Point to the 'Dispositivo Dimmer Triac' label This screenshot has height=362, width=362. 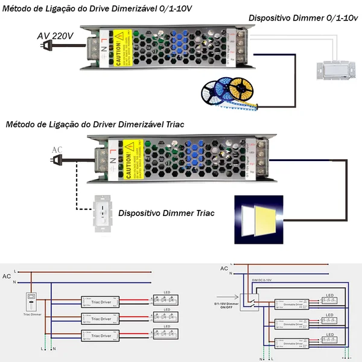click(x=167, y=213)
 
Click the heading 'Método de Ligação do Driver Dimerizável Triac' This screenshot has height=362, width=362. click(x=95, y=124)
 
